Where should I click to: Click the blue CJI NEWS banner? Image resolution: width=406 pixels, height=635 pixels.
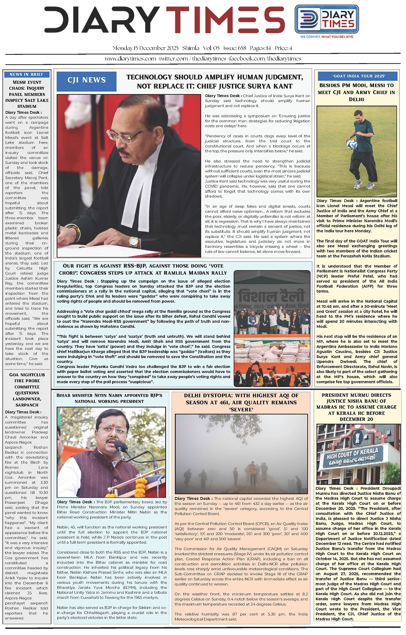[x=87, y=80]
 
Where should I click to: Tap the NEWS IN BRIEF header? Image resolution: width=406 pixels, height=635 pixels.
[x=27, y=74]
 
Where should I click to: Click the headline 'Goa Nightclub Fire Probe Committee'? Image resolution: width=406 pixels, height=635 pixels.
[x=27, y=390]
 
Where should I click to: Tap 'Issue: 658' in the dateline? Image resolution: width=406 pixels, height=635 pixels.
[x=235, y=48]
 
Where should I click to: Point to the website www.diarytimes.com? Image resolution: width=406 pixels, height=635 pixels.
[x=130, y=59]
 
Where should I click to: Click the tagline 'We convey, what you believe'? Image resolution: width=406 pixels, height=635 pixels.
[x=327, y=37]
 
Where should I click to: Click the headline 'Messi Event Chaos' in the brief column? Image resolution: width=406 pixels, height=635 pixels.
[x=27, y=94]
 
